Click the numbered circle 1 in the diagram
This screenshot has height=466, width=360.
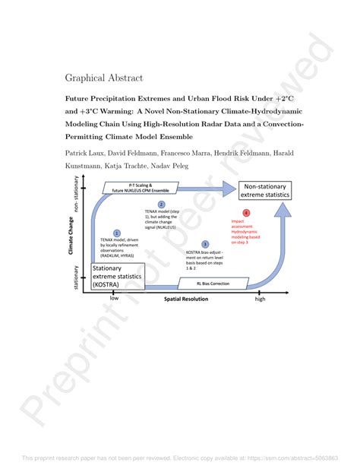116,233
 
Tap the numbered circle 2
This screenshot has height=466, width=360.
161,204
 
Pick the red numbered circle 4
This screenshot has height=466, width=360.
245,214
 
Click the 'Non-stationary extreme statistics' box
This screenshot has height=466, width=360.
266,191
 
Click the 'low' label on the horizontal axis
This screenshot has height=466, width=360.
114,298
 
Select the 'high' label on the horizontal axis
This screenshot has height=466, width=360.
261,298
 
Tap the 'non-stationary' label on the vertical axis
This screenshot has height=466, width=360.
77,196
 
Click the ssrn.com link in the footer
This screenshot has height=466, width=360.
300,458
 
